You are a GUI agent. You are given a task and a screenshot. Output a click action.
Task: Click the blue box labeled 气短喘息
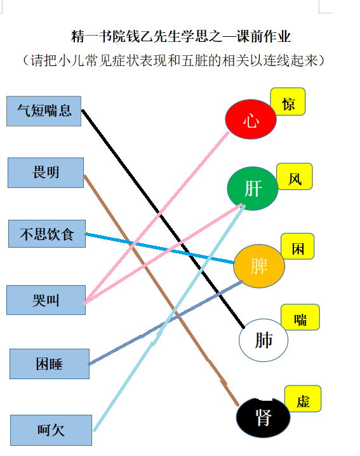[44, 111]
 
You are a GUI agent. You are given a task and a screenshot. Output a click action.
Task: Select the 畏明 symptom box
[46, 173]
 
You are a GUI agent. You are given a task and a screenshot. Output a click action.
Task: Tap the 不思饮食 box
[47, 234]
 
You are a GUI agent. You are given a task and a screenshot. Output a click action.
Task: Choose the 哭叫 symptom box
[46, 300]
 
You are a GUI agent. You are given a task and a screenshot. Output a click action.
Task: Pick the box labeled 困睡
[50, 364]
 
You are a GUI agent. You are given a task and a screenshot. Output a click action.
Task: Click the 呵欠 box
[51, 430]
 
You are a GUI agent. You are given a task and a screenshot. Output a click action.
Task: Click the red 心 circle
[251, 119]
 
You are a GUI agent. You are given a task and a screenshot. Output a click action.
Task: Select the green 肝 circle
[253, 189]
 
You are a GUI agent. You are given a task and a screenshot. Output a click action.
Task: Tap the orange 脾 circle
[259, 266]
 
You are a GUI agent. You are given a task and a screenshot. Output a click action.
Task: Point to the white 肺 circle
[263, 340]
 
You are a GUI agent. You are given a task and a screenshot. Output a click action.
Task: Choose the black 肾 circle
[263, 417]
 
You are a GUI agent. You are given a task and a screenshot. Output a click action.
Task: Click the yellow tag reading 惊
[288, 102]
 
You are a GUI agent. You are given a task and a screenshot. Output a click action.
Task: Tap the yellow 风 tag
[295, 177]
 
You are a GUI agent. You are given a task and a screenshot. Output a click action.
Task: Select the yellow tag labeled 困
[298, 246]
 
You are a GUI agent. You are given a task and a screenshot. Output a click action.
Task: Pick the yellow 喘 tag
[300, 318]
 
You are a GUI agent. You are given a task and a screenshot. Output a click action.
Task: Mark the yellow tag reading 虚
[303, 399]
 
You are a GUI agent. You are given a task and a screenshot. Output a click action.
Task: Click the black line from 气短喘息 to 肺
[163, 218]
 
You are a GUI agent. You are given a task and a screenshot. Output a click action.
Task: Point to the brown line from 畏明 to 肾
[161, 290]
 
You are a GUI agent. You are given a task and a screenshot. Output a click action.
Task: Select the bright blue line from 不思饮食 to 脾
[159, 248]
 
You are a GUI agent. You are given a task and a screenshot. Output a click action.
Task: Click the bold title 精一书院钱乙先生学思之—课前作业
[180, 37]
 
